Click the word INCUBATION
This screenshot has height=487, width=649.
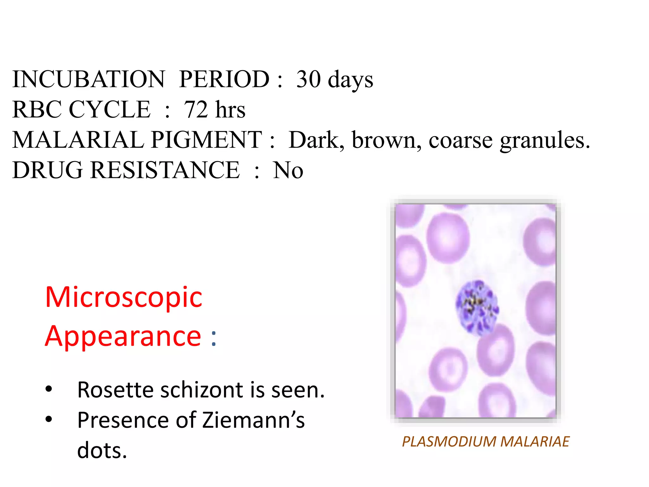[x=88, y=79]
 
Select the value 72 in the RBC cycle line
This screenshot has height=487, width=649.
[x=196, y=109]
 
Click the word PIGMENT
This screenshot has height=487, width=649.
[x=206, y=140]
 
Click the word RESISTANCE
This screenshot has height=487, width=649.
[x=165, y=170]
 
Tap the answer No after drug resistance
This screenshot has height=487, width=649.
[x=288, y=170]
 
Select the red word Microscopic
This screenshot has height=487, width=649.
[x=124, y=297]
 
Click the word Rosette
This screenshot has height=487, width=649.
[x=116, y=390]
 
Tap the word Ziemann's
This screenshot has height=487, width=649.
[x=254, y=420]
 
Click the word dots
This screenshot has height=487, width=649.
[x=102, y=450]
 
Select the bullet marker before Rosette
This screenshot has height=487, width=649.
[x=48, y=389]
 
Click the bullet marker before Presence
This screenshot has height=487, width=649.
[x=48, y=419]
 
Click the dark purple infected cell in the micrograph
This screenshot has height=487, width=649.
[x=477, y=308]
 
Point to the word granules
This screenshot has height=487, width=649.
[x=545, y=140]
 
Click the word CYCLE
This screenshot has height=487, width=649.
[x=110, y=109]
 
